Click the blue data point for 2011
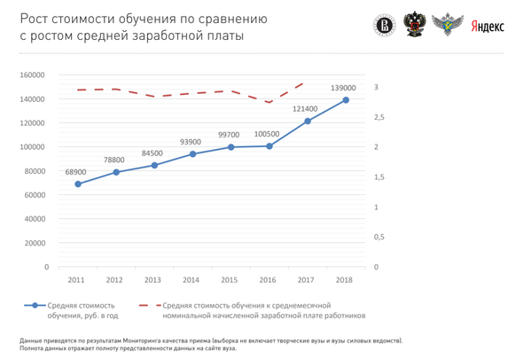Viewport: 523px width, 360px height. pyautogui.click(x=78, y=184)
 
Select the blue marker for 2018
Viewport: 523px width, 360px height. pyautogui.click(x=346, y=100)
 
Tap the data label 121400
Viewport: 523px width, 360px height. pyautogui.click(x=305, y=109)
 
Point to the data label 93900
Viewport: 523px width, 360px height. pyautogui.click(x=191, y=142)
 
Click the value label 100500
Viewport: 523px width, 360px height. pyautogui.click(x=267, y=134)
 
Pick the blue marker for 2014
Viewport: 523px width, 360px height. pyautogui.click(x=192, y=153)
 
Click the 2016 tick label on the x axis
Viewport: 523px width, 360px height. pyautogui.click(x=268, y=280)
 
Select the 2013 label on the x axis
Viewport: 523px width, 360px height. pyautogui.click(x=152, y=280)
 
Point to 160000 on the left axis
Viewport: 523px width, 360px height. pyautogui.click(x=32, y=75)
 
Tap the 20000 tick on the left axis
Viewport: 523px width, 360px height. pyautogui.click(x=35, y=243)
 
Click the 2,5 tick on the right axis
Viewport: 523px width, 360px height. pyautogui.click(x=379, y=117)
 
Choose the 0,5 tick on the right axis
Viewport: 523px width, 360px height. pyautogui.click(x=379, y=238)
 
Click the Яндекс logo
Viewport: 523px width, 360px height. pyautogui.click(x=488, y=27)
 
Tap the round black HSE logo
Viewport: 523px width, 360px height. pyautogui.click(x=384, y=26)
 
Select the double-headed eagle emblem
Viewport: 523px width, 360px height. pyautogui.click(x=415, y=24)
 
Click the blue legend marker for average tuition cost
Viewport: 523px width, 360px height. pyautogui.click(x=35, y=305)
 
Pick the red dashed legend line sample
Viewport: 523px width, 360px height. pyautogui.click(x=150, y=305)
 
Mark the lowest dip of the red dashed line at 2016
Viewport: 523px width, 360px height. pyautogui.click(x=269, y=102)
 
